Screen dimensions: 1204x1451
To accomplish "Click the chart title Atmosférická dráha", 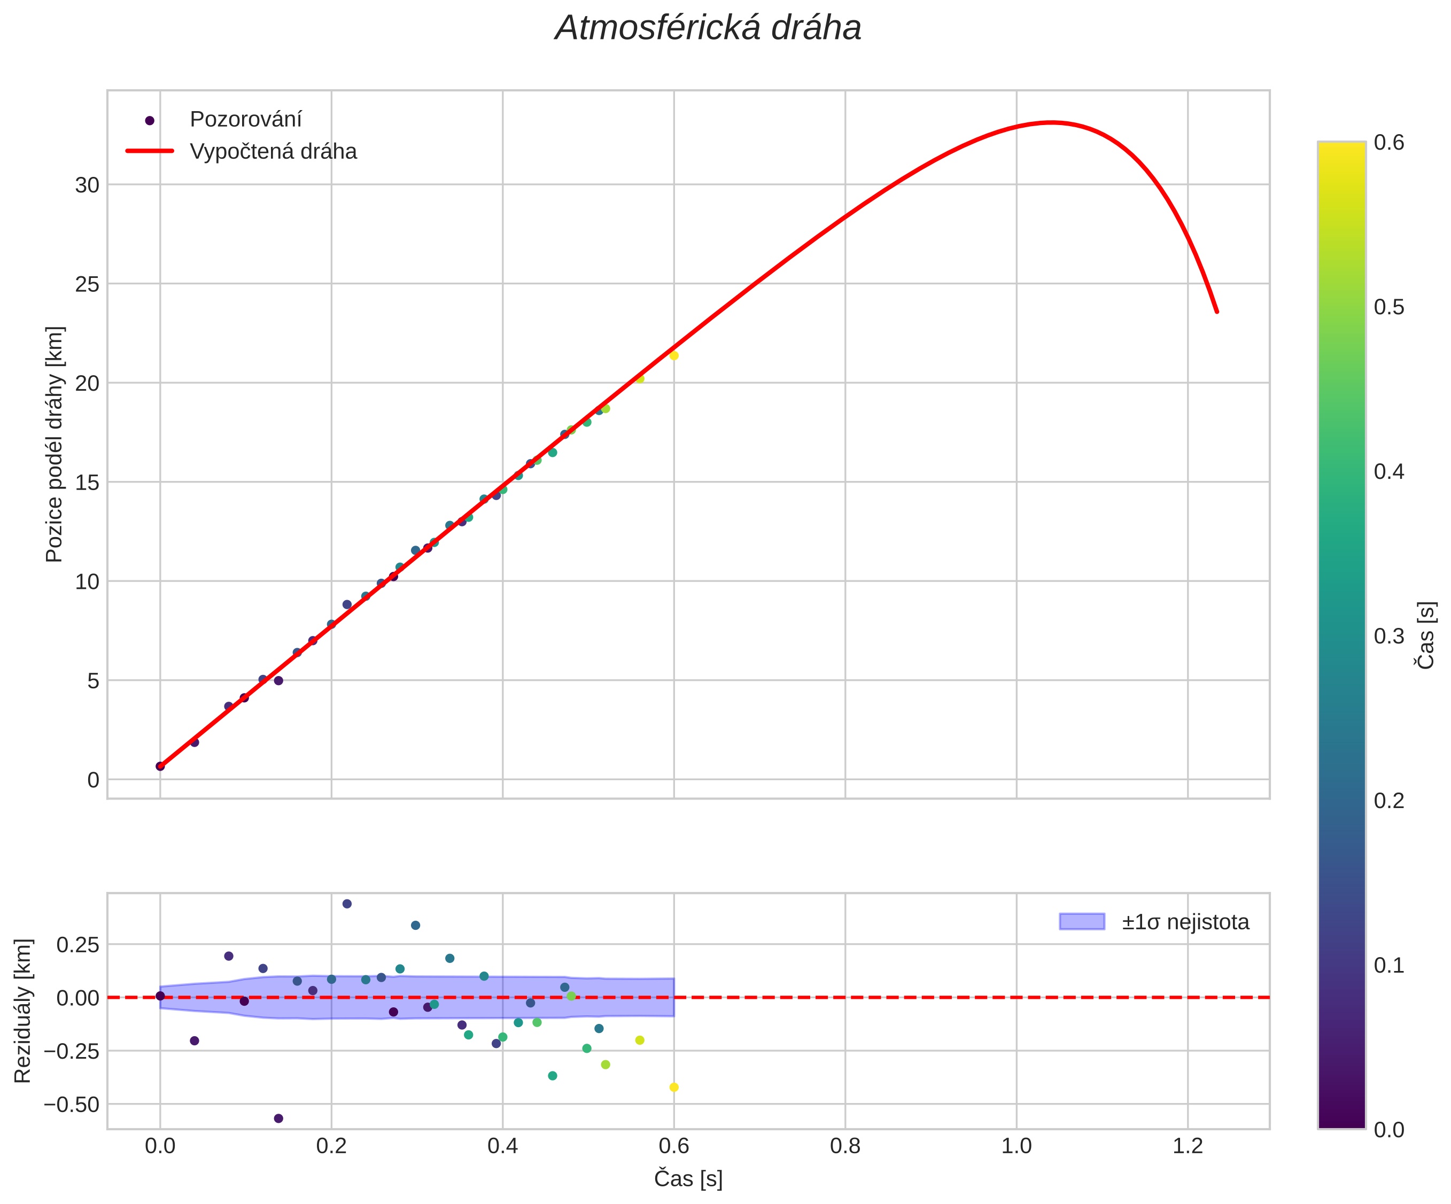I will (708, 29).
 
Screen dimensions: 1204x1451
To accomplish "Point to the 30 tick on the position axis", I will (87, 185).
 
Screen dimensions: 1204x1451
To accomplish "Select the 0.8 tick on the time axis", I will (845, 1147).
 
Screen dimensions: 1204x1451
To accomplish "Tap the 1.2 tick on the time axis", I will (1188, 1147).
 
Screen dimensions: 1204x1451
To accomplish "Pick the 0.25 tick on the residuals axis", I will (77, 945).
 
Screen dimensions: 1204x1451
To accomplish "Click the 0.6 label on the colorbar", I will (1389, 143).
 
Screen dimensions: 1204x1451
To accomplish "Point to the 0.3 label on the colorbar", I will (1389, 636).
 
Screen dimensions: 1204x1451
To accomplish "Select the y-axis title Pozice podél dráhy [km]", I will (54, 444).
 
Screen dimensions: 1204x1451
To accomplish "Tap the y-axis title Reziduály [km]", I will (23, 1011).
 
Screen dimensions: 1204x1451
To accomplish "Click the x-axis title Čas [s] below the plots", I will (688, 1179).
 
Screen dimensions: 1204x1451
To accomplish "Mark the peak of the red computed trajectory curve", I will (1051, 122).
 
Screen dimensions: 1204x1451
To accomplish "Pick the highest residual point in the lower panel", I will (347, 904).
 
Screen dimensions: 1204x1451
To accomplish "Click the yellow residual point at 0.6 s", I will (674, 1088).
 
